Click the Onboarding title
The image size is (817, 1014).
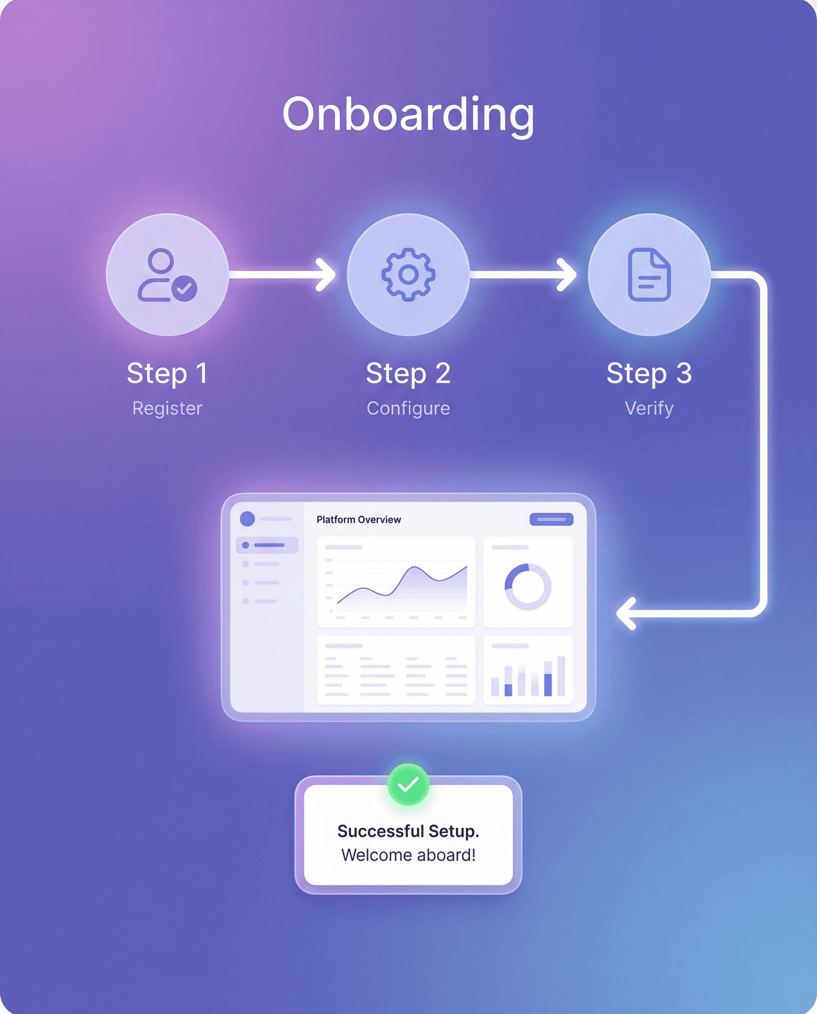(x=408, y=114)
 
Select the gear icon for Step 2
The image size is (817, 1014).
(x=408, y=274)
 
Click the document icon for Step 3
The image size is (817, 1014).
(x=649, y=274)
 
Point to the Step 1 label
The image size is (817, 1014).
(x=167, y=374)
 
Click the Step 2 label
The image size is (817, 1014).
(x=408, y=374)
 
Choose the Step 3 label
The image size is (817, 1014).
(x=649, y=374)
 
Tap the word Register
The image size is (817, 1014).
(x=167, y=408)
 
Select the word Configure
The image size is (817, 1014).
(x=408, y=408)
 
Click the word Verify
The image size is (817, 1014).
(x=649, y=408)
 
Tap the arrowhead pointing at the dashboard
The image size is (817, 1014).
(x=626, y=614)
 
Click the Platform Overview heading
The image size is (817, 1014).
(x=359, y=519)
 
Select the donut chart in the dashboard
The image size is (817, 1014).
(x=527, y=587)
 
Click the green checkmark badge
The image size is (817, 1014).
(x=408, y=784)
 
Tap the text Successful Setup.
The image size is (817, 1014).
(x=408, y=831)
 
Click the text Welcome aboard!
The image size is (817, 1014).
(x=408, y=855)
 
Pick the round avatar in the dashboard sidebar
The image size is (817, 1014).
(x=247, y=518)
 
